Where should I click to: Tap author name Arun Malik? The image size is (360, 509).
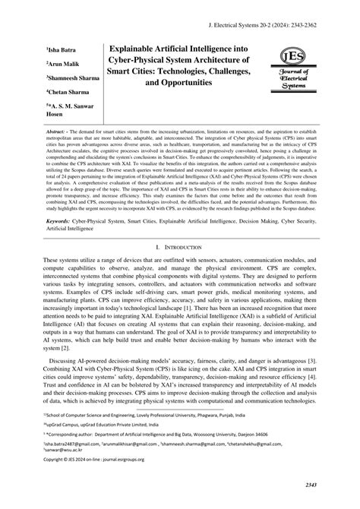coord(65,62)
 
